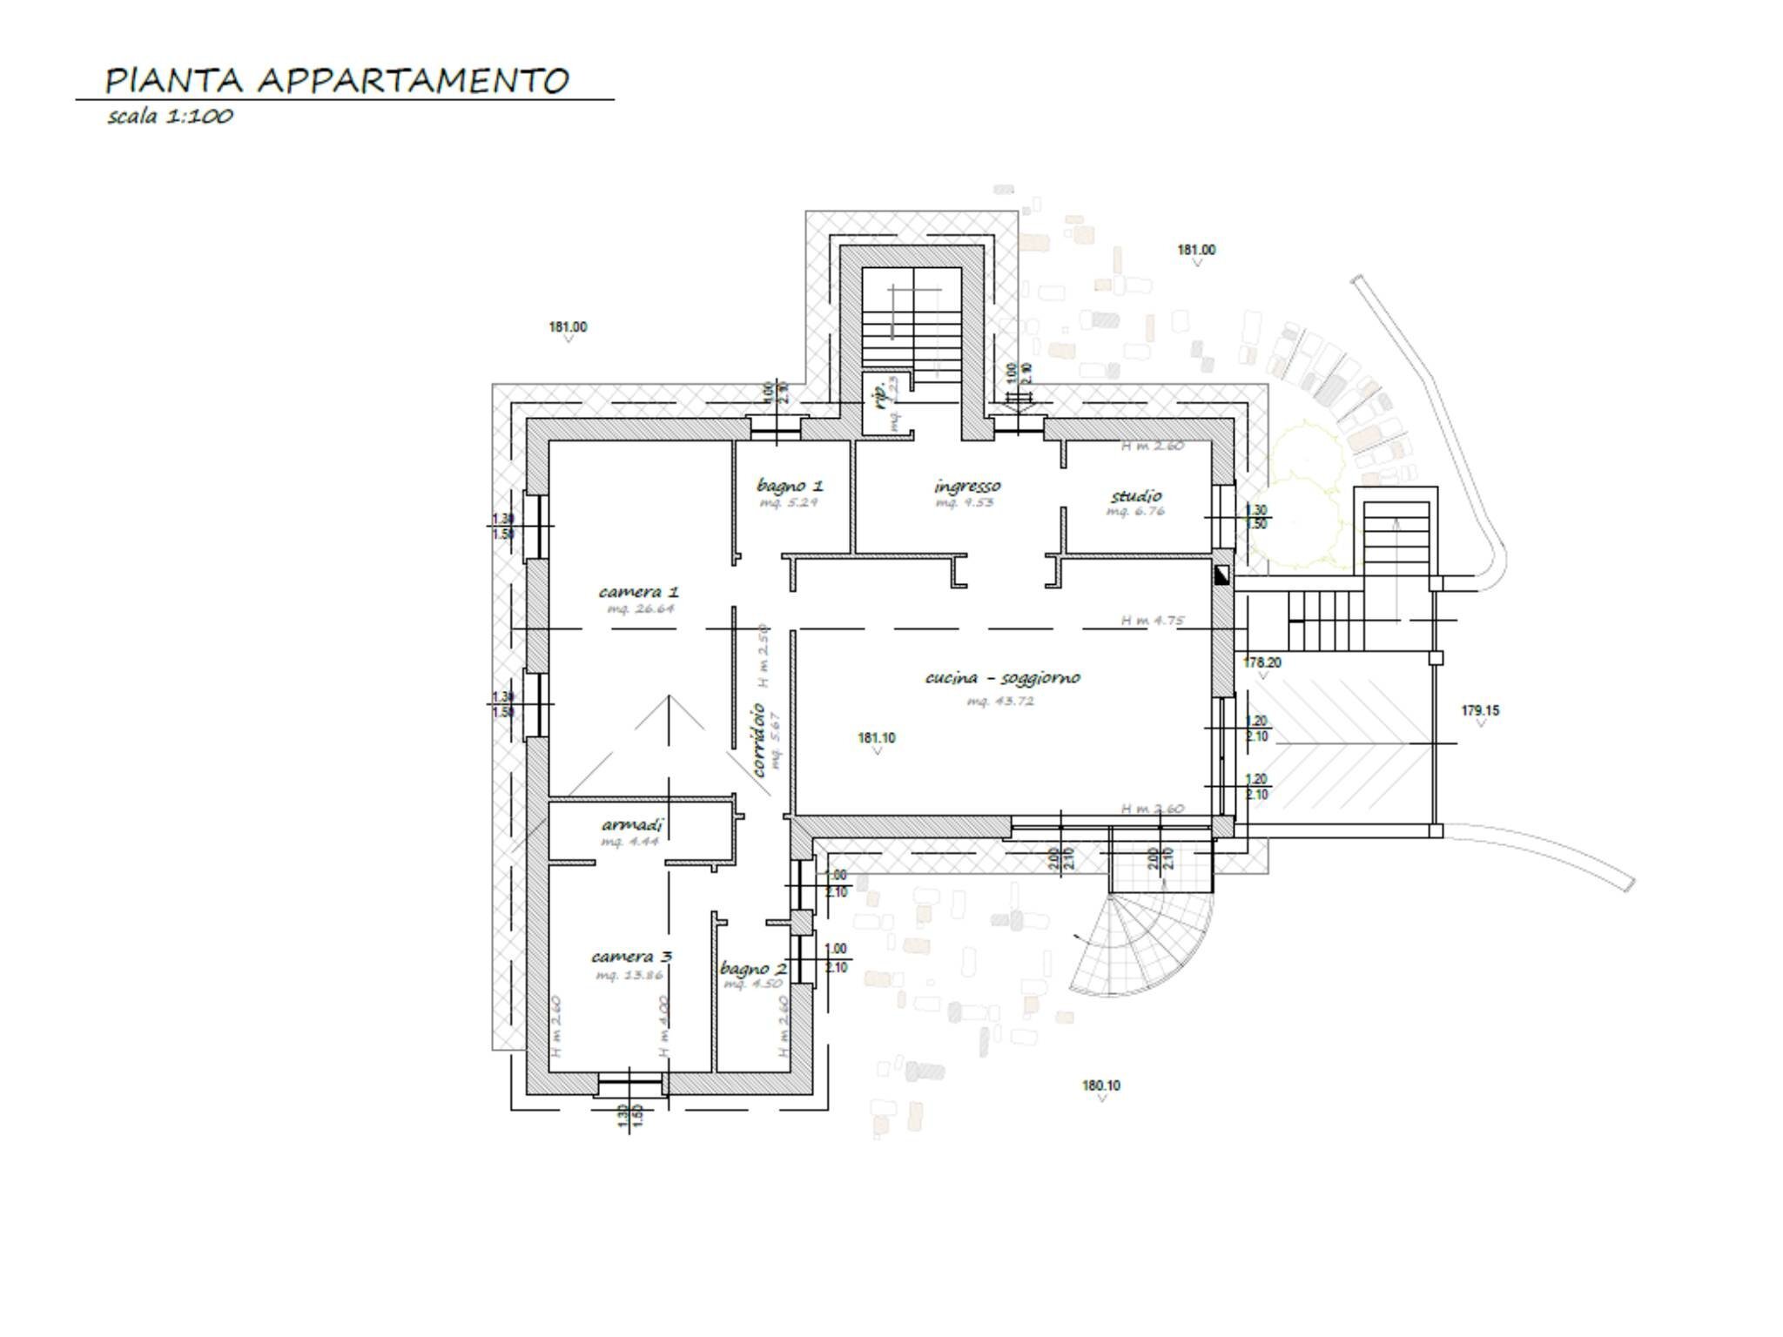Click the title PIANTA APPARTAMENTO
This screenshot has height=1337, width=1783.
(x=336, y=80)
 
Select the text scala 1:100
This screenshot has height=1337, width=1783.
(x=170, y=116)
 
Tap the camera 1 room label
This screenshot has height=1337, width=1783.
(x=639, y=592)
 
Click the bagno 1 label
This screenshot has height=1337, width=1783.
(x=790, y=486)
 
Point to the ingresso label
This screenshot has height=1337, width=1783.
(x=967, y=486)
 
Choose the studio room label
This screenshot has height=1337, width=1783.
(x=1136, y=496)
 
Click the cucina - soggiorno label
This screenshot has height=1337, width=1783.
(x=1002, y=677)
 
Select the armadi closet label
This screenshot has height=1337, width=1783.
(x=633, y=824)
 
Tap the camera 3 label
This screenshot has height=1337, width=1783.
(x=631, y=957)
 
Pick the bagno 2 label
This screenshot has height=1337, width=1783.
(x=753, y=969)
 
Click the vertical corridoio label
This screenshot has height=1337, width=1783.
(x=757, y=740)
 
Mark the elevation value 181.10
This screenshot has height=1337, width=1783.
(x=876, y=738)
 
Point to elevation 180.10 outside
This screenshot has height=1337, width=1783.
(x=1100, y=1085)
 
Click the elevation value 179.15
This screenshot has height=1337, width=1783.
(x=1480, y=710)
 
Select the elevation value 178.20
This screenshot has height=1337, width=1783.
(x=1262, y=662)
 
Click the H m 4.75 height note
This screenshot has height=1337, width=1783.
(x=1152, y=621)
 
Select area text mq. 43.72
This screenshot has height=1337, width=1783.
(x=1000, y=701)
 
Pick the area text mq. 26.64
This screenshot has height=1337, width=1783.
(x=641, y=608)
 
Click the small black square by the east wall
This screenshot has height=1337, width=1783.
(x=1221, y=574)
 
